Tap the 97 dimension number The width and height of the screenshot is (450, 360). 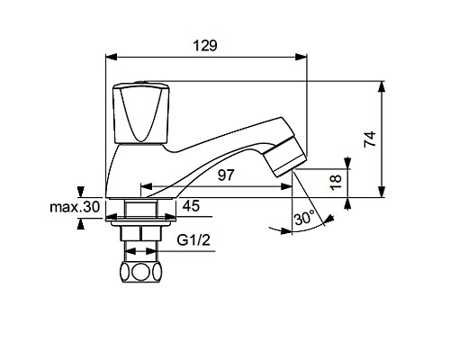tap(226, 175)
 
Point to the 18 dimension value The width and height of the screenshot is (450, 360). tap(335, 181)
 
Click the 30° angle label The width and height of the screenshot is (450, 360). tap(304, 219)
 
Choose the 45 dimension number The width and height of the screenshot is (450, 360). tap(191, 206)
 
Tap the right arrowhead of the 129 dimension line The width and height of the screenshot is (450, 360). tap(304, 57)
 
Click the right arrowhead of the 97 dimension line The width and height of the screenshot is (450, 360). tap(289, 189)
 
